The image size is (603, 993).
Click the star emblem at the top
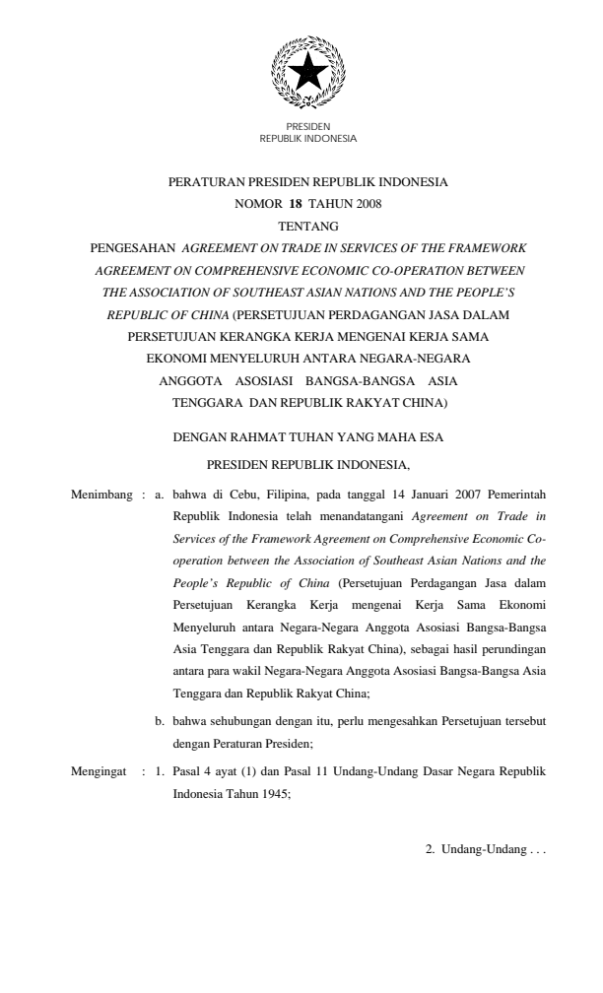(307, 69)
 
